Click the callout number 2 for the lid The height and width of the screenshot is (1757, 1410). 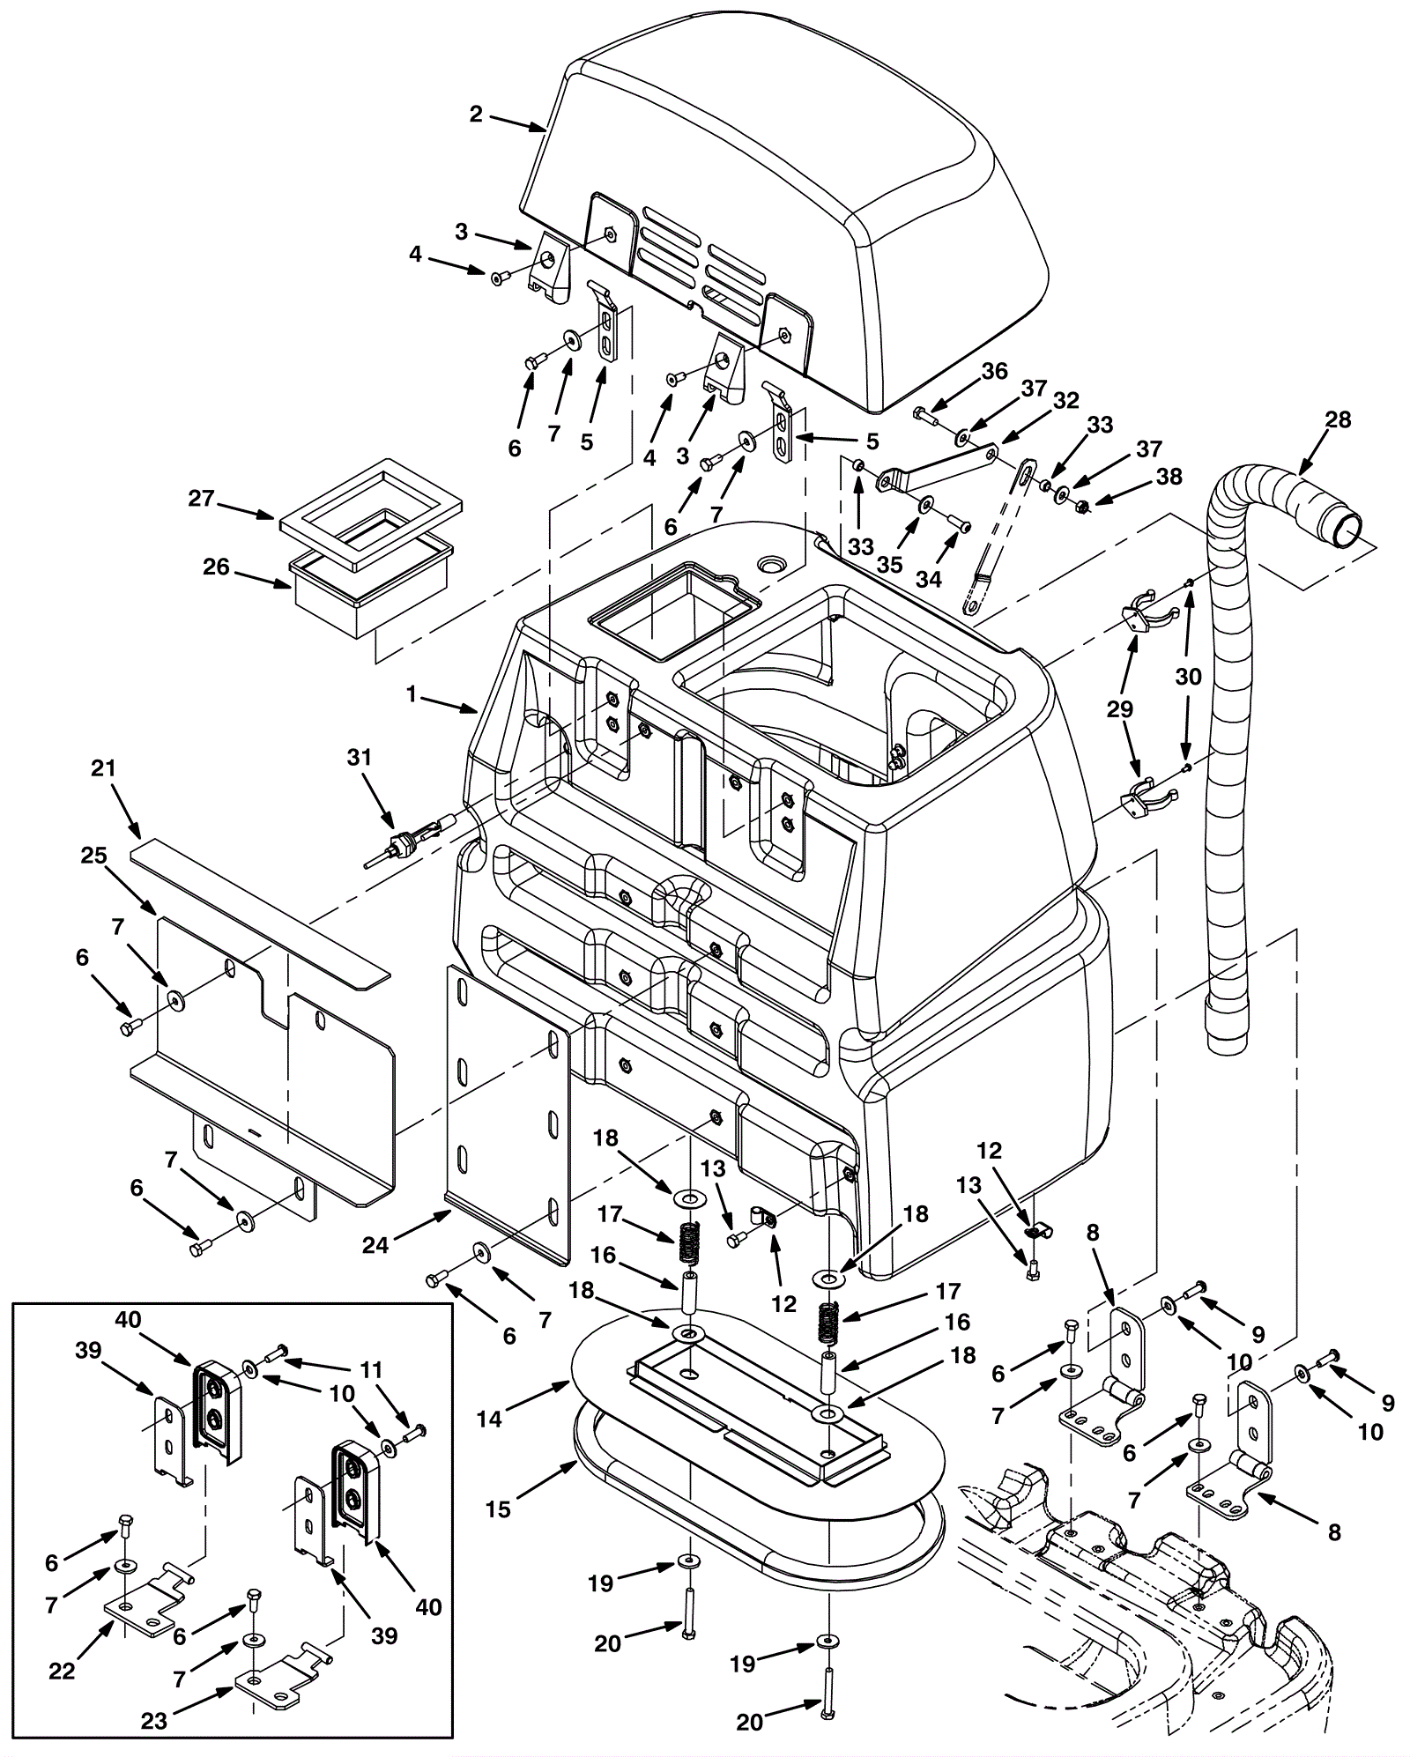(476, 115)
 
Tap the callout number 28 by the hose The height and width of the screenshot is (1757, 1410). (1338, 420)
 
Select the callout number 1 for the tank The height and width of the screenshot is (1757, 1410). (411, 694)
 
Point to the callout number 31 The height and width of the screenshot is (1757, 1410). (360, 758)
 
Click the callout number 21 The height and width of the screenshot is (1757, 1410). (104, 768)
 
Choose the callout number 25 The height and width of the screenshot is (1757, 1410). (93, 856)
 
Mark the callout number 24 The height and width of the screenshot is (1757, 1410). (374, 1245)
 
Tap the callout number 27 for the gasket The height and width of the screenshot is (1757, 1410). (201, 499)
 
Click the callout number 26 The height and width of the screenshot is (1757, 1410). (216, 567)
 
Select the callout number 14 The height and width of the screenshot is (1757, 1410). (490, 1418)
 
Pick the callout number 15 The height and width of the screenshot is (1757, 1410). (498, 1509)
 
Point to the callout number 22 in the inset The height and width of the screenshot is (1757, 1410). (62, 1671)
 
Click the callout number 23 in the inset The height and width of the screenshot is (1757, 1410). (154, 1721)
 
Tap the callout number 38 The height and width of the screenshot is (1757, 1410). (1169, 477)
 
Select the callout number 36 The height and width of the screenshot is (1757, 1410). (995, 372)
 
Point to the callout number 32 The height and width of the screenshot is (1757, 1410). (1066, 400)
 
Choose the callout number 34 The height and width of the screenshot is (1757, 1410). (929, 579)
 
